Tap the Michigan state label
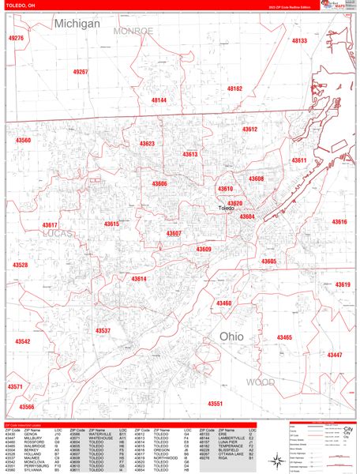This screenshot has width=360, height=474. coord(77,24)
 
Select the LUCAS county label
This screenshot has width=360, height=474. coord(58,235)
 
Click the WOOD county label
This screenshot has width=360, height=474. coord(261,382)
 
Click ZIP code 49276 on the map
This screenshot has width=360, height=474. coord(16,38)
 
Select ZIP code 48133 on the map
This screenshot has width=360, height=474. coord(299,40)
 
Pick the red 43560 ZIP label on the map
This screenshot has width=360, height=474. coord(22,141)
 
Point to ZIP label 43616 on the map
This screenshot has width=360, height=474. coord(339,222)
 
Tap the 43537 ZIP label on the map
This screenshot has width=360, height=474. coord(103,330)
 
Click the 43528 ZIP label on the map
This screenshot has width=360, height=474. coord(20,265)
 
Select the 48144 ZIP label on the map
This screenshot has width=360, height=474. coord(159,100)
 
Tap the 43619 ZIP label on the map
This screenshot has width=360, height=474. coord(342,284)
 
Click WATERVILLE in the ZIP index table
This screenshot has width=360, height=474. coord(99,434)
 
